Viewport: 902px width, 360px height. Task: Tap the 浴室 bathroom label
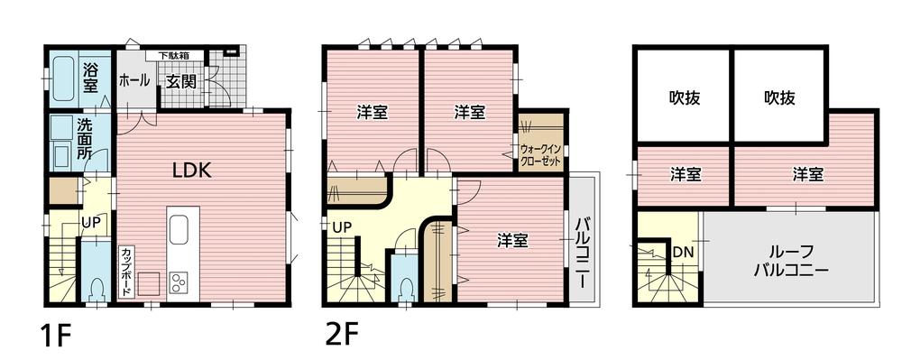coord(91,78)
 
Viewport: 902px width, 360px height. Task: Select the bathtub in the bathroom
coord(63,78)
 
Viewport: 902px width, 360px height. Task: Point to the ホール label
coord(133,80)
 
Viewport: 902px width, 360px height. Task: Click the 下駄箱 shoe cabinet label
coord(174,56)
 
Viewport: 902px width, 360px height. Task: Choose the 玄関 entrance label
coord(180,80)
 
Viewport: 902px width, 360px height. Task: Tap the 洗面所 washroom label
coord(85,140)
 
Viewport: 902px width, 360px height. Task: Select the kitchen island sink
coord(177,231)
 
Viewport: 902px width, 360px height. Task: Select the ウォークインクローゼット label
coord(540,153)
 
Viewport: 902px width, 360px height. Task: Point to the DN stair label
coord(683,252)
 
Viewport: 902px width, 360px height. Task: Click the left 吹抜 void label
coord(685,97)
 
